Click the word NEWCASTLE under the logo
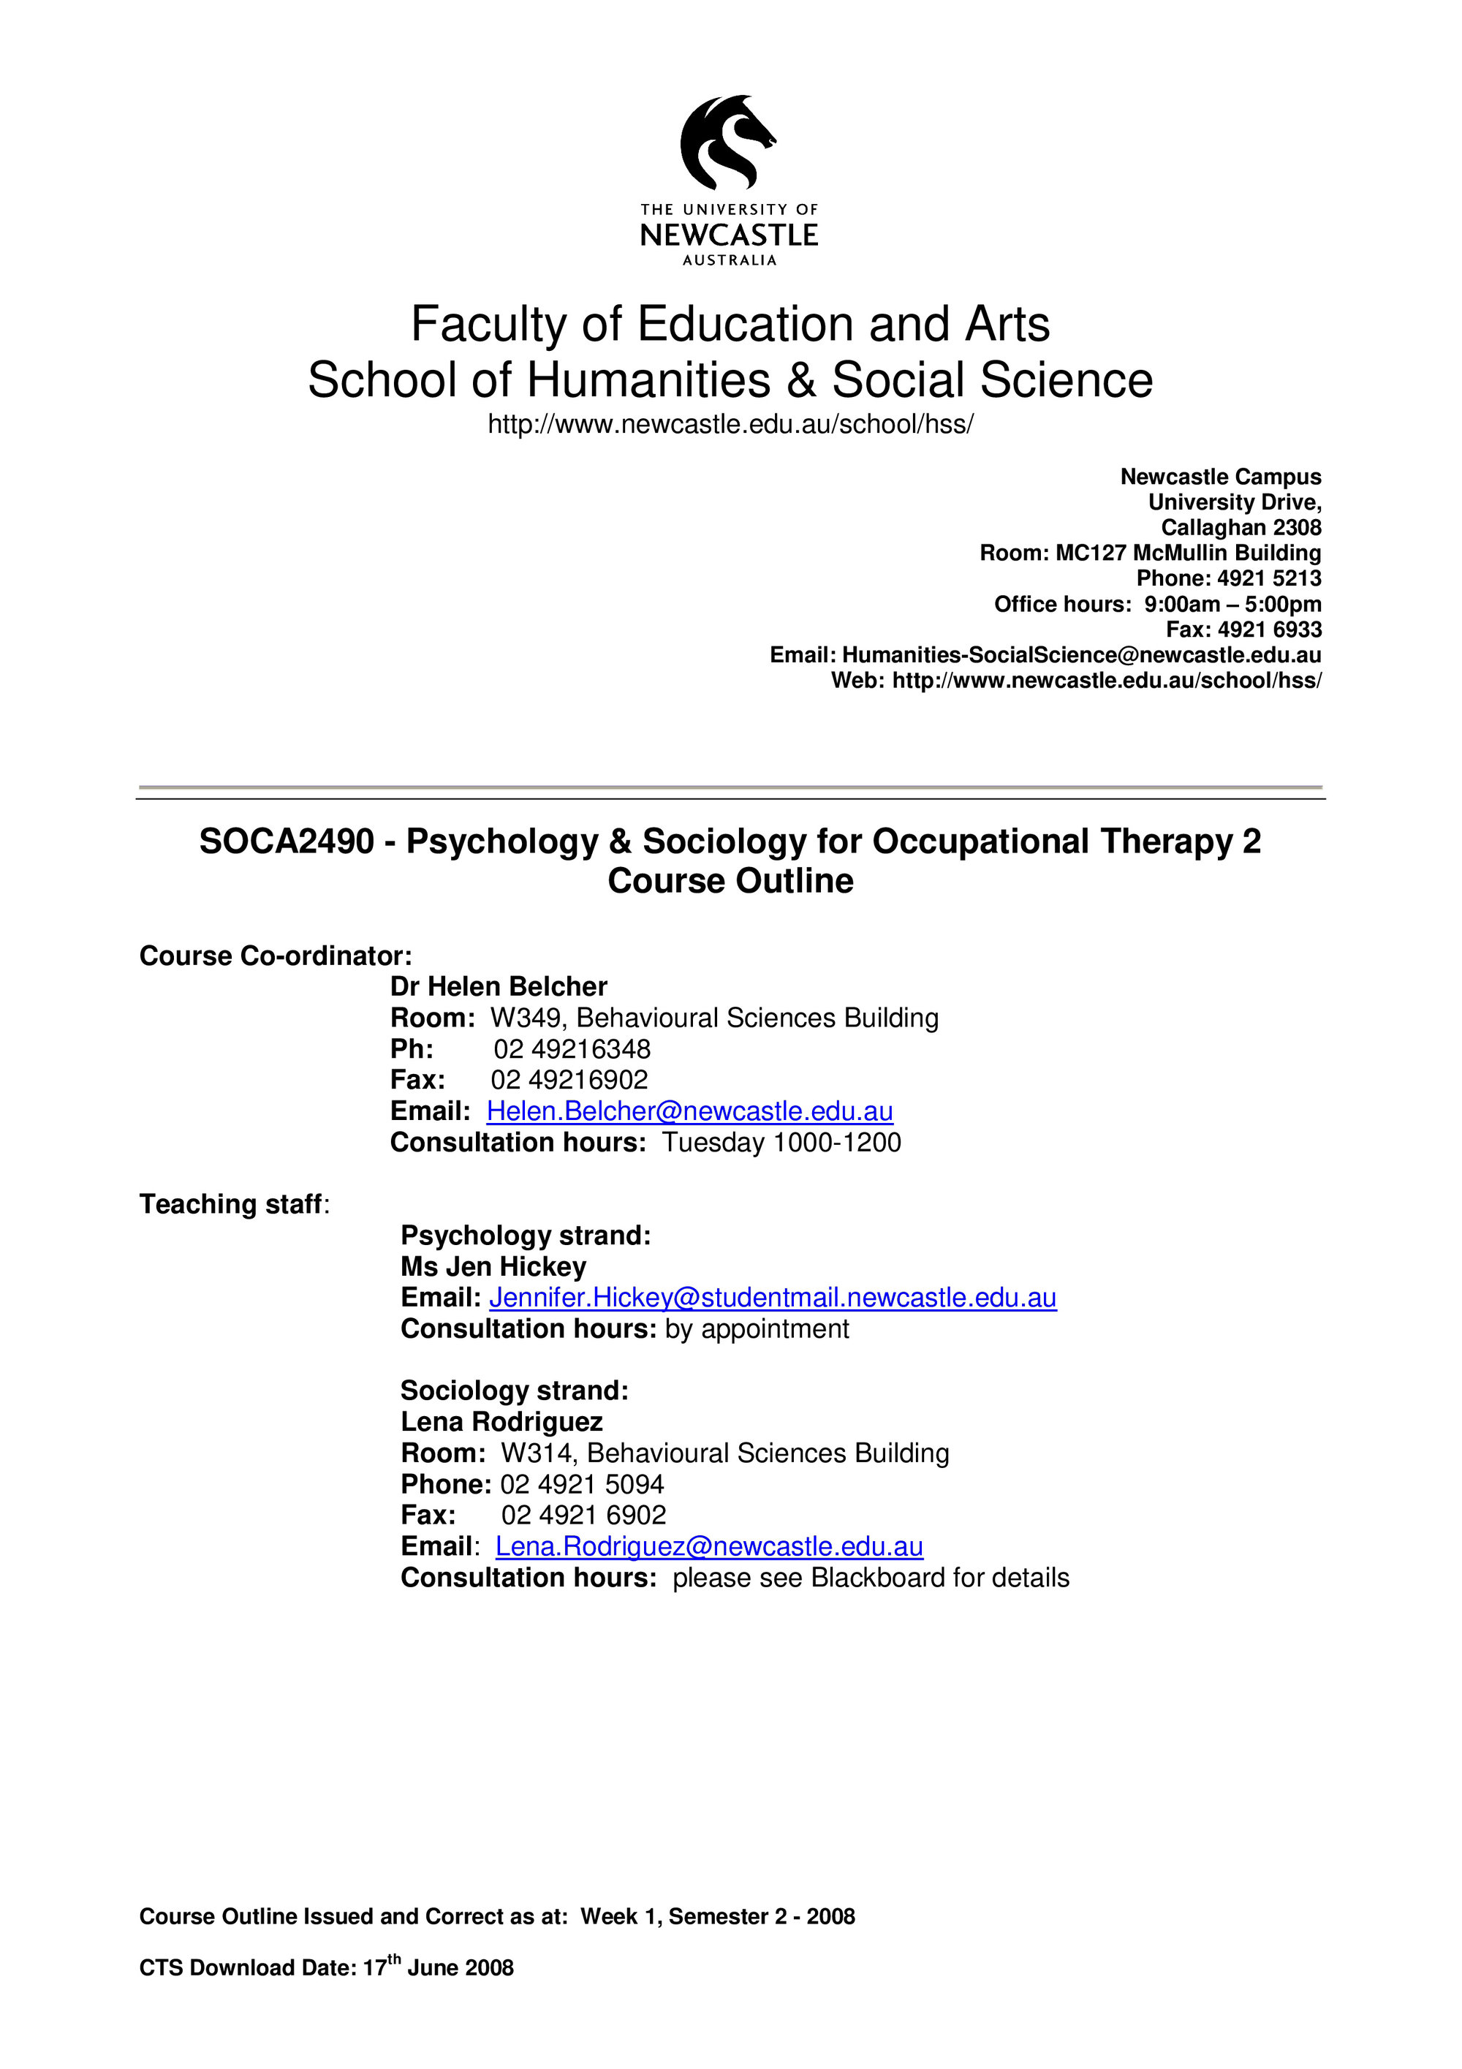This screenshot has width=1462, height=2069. (729, 235)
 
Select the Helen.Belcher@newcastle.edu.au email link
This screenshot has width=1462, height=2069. (689, 1111)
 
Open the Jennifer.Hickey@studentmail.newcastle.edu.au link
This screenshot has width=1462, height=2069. (772, 1298)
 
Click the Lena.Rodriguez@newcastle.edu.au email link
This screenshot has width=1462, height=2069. (709, 1546)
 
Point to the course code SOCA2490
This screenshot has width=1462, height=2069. (287, 841)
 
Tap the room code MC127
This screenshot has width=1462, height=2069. (1091, 553)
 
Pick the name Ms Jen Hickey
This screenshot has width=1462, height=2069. (493, 1267)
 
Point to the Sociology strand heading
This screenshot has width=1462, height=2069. (515, 1391)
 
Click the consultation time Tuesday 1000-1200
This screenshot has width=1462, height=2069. (781, 1143)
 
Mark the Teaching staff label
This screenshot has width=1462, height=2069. (230, 1205)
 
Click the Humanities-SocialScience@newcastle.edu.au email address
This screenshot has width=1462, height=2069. (1081, 655)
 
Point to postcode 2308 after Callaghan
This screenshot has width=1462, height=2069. (1297, 528)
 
